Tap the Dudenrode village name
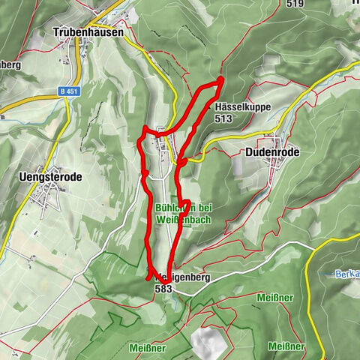pos(271,151)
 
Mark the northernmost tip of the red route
pos(221,79)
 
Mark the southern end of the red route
pos(148,278)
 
